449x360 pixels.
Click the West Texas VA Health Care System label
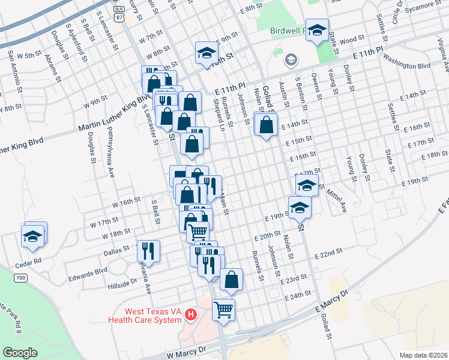[144, 316]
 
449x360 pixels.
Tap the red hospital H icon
[191, 314]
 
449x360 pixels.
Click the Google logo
[20, 353]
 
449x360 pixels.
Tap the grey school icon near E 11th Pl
[291, 59]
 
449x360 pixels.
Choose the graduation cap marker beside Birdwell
[317, 31]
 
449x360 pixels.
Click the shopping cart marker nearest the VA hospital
[223, 310]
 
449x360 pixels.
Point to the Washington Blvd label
[407, 62]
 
